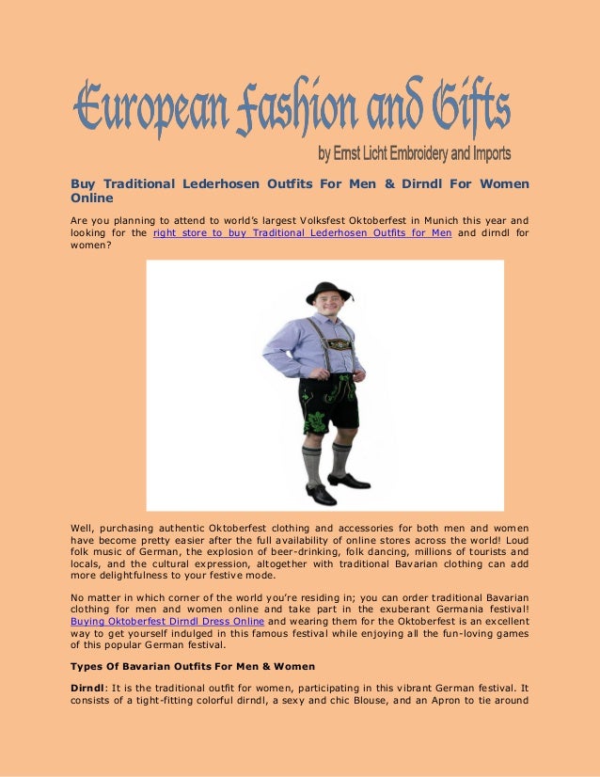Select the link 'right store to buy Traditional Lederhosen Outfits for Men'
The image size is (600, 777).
pos(302,232)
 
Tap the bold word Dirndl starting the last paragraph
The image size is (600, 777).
pos(87,688)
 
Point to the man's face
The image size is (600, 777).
pos(327,308)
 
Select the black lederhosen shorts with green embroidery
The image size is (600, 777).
pos(329,400)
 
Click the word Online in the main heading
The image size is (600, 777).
pos(92,198)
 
